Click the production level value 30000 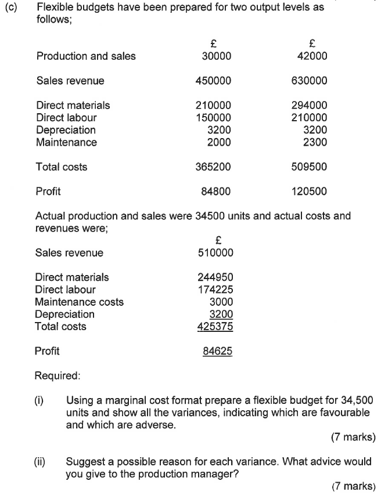pyautogui.click(x=216, y=56)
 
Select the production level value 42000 pyautogui.click(x=312, y=56)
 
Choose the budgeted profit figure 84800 pyautogui.click(x=216, y=191)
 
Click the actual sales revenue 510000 pyautogui.click(x=215, y=252)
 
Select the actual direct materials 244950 pyautogui.click(x=215, y=277)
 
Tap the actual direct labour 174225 pyautogui.click(x=215, y=290)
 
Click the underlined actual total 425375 pyautogui.click(x=215, y=327)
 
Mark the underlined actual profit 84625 pyautogui.click(x=218, y=351)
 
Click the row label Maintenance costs pyautogui.click(x=79, y=302)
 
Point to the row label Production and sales pyautogui.click(x=86, y=56)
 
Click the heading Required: pyautogui.click(x=57, y=375)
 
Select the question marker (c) pyautogui.click(x=11, y=8)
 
